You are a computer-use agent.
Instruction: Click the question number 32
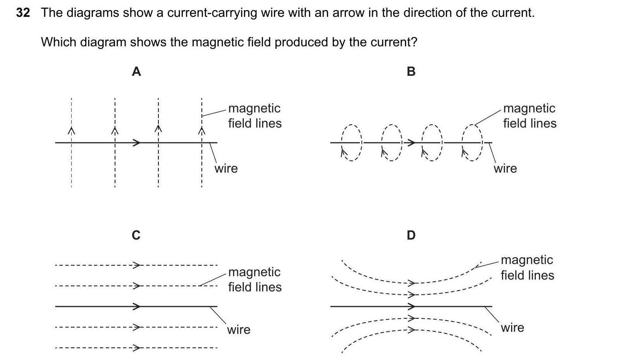[23, 13]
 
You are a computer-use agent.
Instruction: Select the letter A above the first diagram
[136, 72]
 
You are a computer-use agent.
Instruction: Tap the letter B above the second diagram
[411, 72]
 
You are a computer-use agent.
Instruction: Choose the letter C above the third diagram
[136, 235]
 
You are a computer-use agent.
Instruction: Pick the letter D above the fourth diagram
[411, 235]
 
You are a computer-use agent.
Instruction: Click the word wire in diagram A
[226, 168]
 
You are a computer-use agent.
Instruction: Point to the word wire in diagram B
[505, 168]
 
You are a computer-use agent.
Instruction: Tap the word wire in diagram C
[238, 330]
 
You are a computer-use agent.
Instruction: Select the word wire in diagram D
[512, 328]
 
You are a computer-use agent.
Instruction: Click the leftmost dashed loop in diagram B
[351, 143]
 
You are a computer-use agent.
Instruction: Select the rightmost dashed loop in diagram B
[473, 143]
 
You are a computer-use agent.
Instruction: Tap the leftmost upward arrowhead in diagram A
[72, 131]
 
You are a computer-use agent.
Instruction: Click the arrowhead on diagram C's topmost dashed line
[136, 265]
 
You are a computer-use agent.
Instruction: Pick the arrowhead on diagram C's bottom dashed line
[136, 348]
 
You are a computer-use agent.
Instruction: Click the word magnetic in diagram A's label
[254, 108]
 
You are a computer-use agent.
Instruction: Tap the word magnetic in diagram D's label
[527, 260]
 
